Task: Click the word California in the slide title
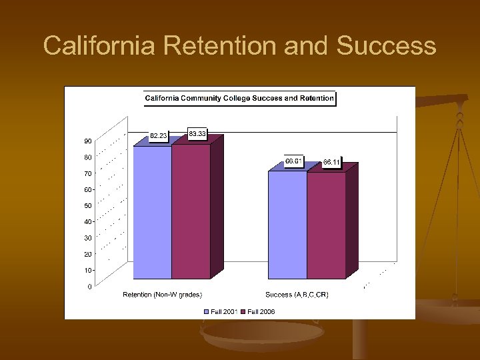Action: pos(99,46)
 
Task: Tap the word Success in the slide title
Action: pos(387,46)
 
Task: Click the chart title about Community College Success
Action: pos(239,99)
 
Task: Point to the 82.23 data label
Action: pos(159,136)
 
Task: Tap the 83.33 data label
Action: pos(197,134)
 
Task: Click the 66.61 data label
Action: pos(294,161)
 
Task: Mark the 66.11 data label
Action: pos(331,162)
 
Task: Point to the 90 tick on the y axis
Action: pos(88,141)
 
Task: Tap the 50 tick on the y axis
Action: pos(88,206)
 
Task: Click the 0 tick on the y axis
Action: pos(90,287)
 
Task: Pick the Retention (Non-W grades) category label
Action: pos(162,295)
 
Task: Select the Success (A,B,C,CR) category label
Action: pos(297,295)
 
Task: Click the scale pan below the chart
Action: pos(260,337)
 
